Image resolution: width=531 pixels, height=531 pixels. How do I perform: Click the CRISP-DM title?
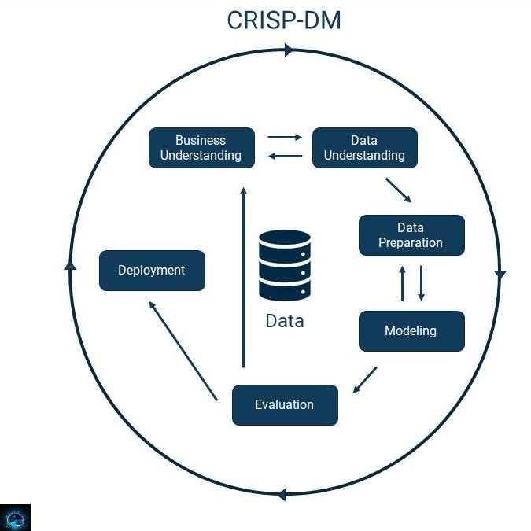coord(284,20)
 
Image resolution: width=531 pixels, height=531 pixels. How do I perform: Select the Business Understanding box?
coord(201,148)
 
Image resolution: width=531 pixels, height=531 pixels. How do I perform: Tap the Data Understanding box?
coord(364,148)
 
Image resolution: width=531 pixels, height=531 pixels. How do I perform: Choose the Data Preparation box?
coord(411,235)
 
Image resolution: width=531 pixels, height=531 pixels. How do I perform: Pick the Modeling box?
coord(411,331)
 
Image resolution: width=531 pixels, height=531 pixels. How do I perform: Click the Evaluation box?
coord(284,404)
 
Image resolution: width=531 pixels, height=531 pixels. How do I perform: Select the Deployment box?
coord(151,270)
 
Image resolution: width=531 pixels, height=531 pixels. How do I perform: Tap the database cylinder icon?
coord(284,265)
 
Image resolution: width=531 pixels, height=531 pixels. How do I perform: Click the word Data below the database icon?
coord(284,321)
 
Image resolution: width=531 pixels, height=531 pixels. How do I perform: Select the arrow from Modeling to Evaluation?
coord(364,380)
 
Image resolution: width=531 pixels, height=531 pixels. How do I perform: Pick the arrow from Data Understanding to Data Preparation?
coord(398,190)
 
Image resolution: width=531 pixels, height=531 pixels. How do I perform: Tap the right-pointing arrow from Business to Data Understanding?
coord(284,138)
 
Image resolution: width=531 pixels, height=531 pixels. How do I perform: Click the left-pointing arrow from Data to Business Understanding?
coord(284,157)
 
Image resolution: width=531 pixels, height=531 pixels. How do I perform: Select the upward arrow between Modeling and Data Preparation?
coord(402,283)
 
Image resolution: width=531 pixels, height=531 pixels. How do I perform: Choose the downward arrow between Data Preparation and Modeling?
coord(421,283)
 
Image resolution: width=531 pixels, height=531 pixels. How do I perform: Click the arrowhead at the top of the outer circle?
coord(289,50)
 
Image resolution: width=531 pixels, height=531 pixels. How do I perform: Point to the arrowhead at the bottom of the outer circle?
coord(280,495)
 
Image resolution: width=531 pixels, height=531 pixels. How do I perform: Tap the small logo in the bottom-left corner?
coord(15,517)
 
